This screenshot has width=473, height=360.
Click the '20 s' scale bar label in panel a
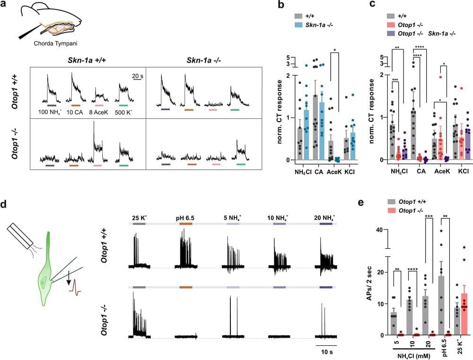pos(138,75)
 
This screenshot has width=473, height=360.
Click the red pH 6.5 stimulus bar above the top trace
pos(186,222)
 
